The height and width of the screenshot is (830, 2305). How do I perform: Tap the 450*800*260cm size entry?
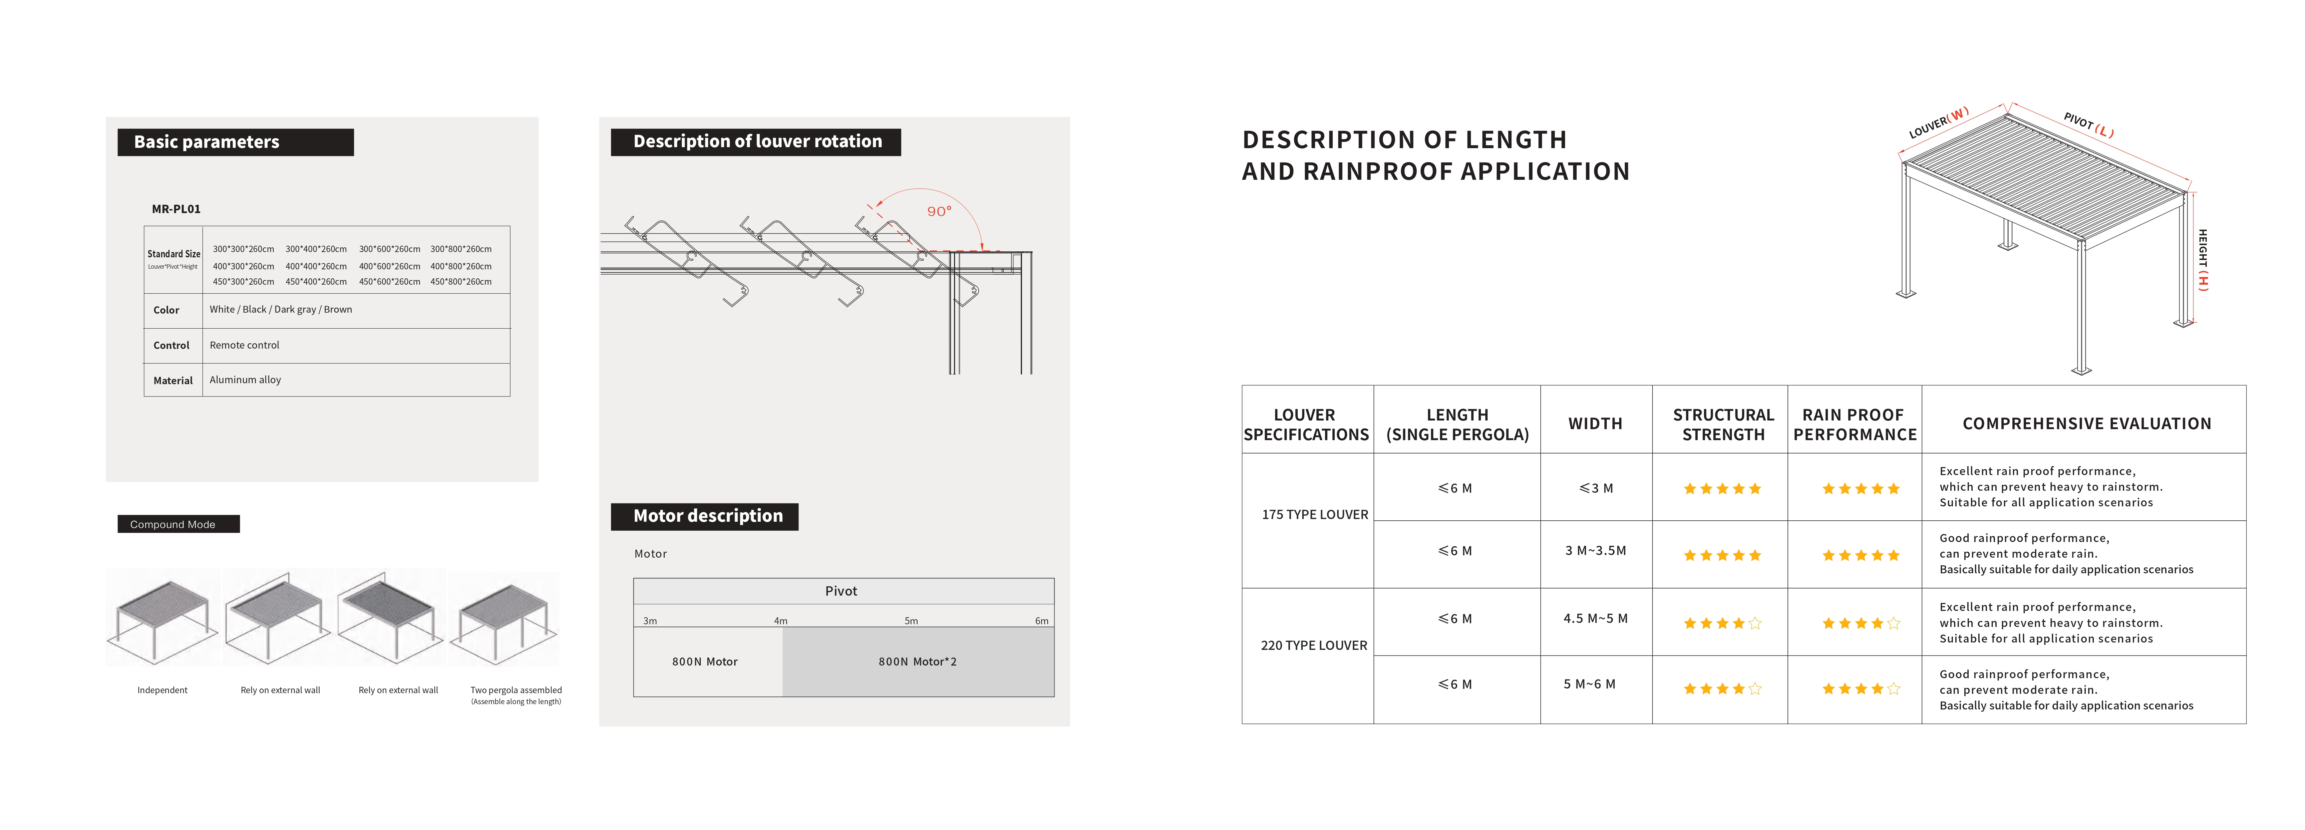tap(461, 282)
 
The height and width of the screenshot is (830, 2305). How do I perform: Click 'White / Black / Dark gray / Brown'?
tap(281, 310)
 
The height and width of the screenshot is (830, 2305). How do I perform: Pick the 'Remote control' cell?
tap(244, 345)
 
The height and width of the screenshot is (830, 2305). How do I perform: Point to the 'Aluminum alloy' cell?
tap(245, 380)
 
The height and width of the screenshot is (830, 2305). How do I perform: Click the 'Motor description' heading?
tap(708, 516)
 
